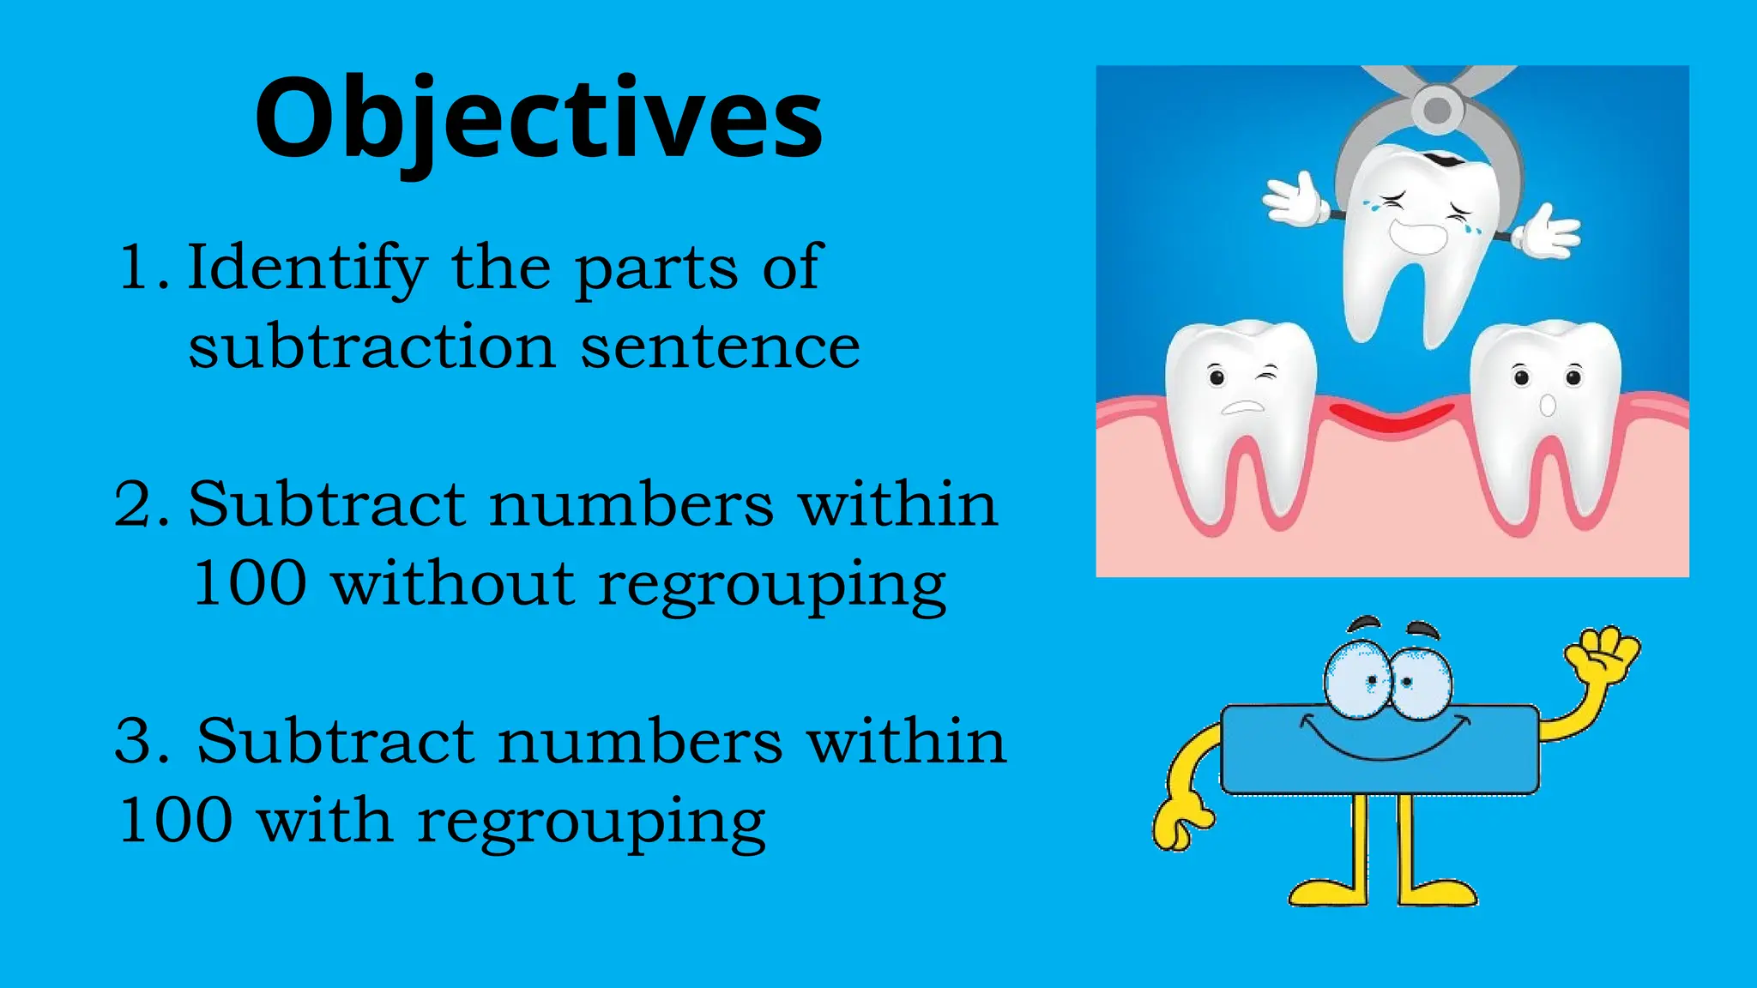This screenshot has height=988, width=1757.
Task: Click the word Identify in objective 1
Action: tap(306, 268)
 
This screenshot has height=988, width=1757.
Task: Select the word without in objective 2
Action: tap(453, 583)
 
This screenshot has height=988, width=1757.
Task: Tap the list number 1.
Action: tap(137, 268)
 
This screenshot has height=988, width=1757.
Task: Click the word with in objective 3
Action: tap(325, 820)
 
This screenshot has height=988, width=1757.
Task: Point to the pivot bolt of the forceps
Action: tap(1437, 110)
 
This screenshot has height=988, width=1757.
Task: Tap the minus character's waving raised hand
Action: tap(1603, 657)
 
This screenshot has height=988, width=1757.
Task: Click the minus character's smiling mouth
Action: tap(1381, 742)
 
